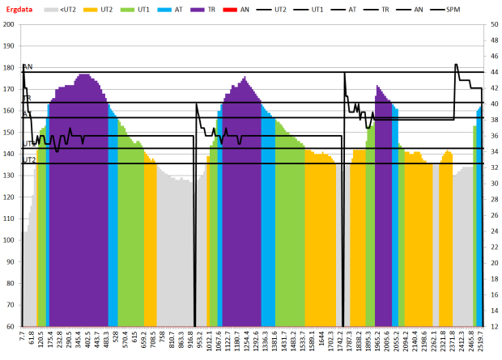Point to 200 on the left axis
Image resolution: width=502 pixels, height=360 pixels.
pyautogui.click(x=10, y=24)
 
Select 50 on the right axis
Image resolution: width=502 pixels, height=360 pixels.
pyautogui.click(x=493, y=24)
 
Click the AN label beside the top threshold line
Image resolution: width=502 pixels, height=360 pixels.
pyautogui.click(x=28, y=67)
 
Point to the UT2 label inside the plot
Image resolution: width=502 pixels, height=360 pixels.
pyautogui.click(x=29, y=160)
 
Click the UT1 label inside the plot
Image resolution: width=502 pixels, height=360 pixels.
pyautogui.click(x=29, y=144)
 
